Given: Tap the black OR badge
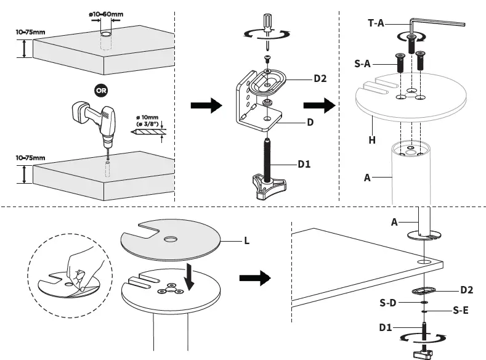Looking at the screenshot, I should coord(101,89).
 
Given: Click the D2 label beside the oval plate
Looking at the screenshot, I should coord(320,78).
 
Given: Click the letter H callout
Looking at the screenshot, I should coord(371,140).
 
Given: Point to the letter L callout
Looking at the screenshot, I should coord(246,241).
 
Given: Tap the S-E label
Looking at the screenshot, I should coord(461,311).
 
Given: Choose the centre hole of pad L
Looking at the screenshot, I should coord(169,237).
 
